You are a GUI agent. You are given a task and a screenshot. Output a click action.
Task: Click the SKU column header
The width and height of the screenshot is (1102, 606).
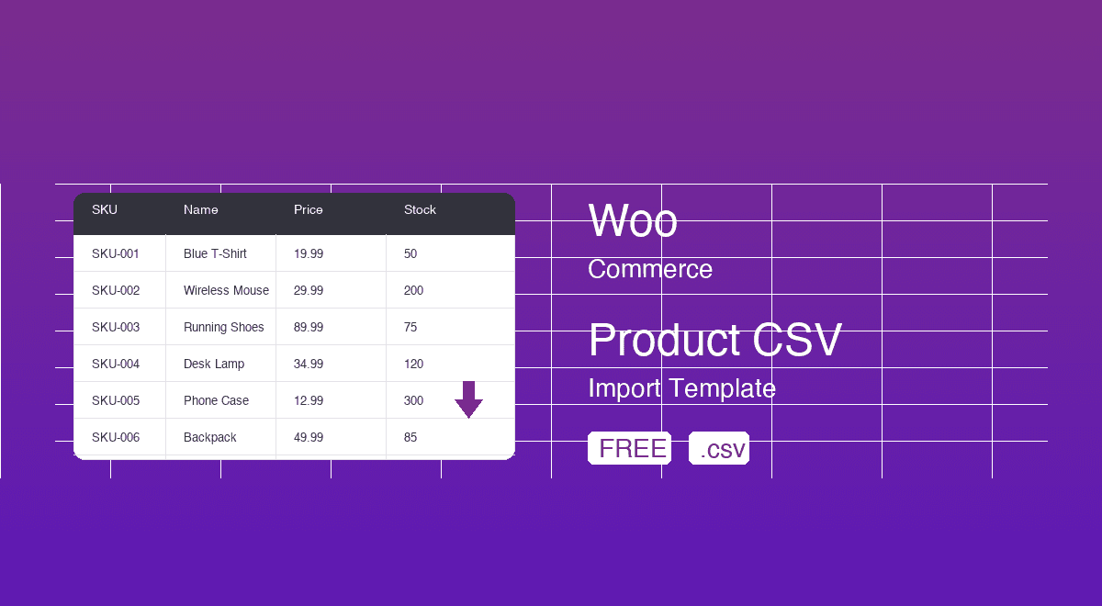pyautogui.click(x=105, y=210)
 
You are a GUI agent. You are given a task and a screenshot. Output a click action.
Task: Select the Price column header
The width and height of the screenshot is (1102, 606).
pyautogui.click(x=309, y=210)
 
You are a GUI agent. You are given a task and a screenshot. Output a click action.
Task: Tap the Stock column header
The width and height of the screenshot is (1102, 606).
pyautogui.click(x=420, y=210)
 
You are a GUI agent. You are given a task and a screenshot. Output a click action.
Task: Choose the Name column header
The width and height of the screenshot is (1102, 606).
pyautogui.click(x=201, y=210)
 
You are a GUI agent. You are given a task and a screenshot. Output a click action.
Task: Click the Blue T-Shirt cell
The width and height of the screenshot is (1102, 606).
pyautogui.click(x=215, y=253)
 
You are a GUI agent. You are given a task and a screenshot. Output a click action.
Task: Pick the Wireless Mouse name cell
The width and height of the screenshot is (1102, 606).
pyautogui.click(x=226, y=290)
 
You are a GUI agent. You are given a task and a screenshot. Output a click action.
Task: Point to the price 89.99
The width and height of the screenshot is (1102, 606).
pyautogui.click(x=309, y=327)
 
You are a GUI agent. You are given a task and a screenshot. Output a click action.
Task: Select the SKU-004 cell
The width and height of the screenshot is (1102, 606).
pyautogui.click(x=116, y=364)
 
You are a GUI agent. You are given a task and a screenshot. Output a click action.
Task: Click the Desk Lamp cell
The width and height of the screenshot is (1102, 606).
pyautogui.click(x=214, y=364)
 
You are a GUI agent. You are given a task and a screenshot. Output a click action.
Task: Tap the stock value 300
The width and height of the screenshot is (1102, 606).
pyautogui.click(x=414, y=400)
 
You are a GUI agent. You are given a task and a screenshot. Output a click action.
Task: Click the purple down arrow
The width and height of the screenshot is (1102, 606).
pyautogui.click(x=468, y=399)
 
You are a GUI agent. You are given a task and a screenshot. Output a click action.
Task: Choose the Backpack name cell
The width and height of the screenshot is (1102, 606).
pyautogui.click(x=210, y=437)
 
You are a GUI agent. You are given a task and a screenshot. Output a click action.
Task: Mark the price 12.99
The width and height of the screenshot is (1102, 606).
pyautogui.click(x=309, y=400)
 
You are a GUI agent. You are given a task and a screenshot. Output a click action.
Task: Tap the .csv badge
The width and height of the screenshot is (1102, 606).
pyautogui.click(x=719, y=448)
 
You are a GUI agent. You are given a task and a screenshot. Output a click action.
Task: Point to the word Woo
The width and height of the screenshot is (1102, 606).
pyautogui.click(x=633, y=221)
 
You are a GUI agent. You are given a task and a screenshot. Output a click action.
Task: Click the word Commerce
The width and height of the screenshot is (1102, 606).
pyautogui.click(x=650, y=269)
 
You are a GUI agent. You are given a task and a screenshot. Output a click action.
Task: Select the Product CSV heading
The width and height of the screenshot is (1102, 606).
pyautogui.click(x=714, y=341)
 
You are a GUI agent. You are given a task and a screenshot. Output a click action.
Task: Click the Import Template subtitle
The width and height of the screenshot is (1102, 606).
pyautogui.click(x=681, y=388)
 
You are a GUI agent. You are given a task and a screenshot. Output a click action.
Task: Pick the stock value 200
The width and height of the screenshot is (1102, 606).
pyautogui.click(x=414, y=290)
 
